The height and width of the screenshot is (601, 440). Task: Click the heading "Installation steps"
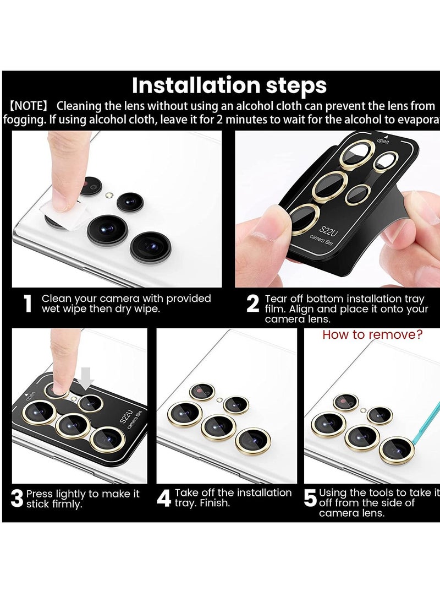[229, 86]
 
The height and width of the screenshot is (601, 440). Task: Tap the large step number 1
[28, 304]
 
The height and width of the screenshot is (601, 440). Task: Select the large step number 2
[252, 304]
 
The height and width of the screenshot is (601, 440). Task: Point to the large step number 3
[17, 499]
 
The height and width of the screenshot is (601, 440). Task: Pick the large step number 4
[164, 499]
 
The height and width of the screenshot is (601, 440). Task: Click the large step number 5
[311, 499]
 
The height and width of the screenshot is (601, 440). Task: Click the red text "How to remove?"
[372, 335]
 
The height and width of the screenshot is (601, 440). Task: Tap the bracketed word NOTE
[30, 106]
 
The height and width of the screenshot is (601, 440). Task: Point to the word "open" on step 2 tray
[383, 141]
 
